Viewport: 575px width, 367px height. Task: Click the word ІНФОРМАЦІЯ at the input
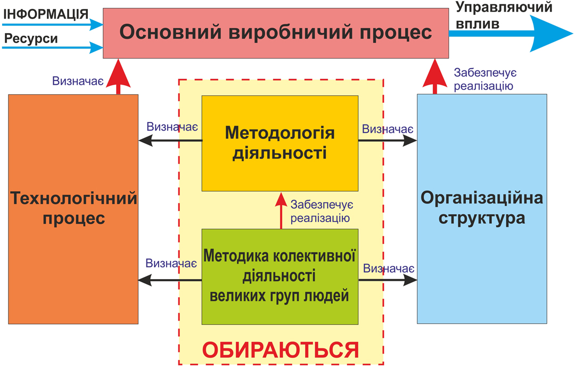(45, 13)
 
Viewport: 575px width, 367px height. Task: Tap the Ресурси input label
(31, 39)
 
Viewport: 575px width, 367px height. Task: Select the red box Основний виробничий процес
(275, 32)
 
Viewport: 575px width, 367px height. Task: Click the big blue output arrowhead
(548, 33)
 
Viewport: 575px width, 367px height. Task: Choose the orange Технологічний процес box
(73, 209)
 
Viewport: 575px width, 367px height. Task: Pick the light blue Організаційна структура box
(482, 209)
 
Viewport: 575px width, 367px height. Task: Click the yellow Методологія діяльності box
(280, 143)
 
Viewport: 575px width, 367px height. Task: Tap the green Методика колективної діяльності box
(280, 276)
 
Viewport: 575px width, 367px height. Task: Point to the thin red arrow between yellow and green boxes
(280, 210)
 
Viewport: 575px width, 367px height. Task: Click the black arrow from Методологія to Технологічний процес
(170, 141)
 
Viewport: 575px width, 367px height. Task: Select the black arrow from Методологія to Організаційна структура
(388, 141)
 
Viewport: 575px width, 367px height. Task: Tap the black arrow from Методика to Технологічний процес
(170, 280)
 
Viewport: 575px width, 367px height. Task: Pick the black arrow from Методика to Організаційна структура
(388, 280)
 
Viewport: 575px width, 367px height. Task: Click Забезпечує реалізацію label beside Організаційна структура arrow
(483, 79)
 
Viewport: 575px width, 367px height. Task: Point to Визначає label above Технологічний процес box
(78, 81)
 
